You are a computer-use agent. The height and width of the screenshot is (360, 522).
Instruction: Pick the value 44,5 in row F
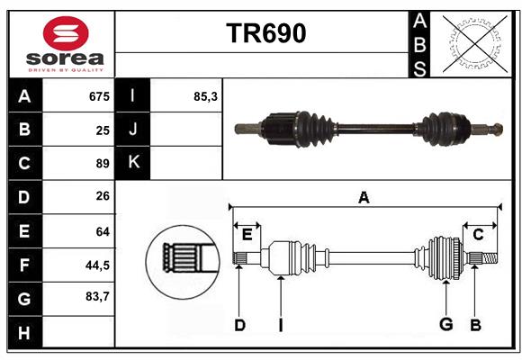pos(96,265)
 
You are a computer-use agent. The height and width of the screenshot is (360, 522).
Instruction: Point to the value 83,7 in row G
pos(96,296)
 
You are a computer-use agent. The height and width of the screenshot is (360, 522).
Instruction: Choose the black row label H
pos(24,333)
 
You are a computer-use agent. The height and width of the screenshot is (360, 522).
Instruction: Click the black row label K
pos(134,163)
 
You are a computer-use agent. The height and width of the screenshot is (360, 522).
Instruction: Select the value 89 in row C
pos(102,164)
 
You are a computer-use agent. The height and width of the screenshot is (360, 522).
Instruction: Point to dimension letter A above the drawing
pos(364,197)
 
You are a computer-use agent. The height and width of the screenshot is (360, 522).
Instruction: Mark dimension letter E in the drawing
pos(247,235)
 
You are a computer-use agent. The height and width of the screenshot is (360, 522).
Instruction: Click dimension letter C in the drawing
pos(478,235)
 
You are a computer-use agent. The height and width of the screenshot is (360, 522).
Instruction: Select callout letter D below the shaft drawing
pos(239,325)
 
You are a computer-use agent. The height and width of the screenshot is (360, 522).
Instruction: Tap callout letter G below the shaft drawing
pos(445,325)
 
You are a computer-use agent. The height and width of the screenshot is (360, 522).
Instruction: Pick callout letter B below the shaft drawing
pos(476,325)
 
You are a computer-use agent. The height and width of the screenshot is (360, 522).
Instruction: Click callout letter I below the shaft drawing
pos(280,325)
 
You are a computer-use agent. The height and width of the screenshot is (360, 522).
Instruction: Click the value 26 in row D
pos(102,197)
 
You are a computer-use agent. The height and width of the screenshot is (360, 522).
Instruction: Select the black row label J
pos(134,130)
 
